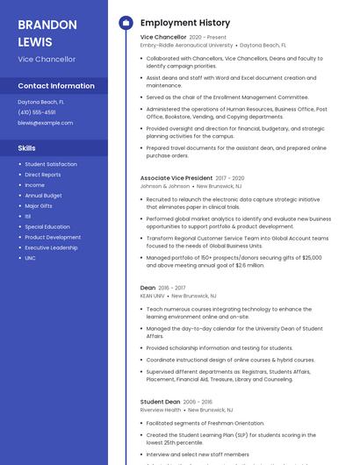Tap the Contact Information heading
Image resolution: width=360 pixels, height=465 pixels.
(x=56, y=86)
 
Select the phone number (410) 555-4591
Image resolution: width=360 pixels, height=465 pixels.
(x=36, y=112)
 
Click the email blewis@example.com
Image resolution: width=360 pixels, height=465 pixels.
(x=45, y=123)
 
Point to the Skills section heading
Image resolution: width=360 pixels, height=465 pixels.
(x=27, y=148)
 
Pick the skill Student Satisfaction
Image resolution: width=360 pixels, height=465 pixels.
(x=51, y=164)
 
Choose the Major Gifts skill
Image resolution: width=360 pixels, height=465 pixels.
(x=39, y=206)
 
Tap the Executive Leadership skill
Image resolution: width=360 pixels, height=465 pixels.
(x=51, y=247)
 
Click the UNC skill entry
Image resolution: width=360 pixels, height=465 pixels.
(x=30, y=258)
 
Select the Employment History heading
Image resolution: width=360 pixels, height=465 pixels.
(x=184, y=23)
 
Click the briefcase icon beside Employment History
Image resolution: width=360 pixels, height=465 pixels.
(x=126, y=23)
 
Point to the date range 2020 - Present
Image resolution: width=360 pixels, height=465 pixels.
(x=207, y=38)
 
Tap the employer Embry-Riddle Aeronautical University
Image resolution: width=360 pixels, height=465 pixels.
(x=186, y=45)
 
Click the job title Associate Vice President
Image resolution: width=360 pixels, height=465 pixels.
(x=176, y=178)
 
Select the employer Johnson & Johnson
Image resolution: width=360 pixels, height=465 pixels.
(x=164, y=186)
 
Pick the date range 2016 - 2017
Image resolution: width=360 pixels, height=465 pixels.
(x=172, y=288)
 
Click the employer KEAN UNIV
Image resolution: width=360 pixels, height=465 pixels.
(x=152, y=296)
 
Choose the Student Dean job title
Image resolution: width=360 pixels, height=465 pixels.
(x=160, y=402)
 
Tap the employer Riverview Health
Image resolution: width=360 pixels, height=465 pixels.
(x=160, y=410)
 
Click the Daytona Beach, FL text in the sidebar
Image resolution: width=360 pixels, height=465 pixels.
(x=40, y=102)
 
